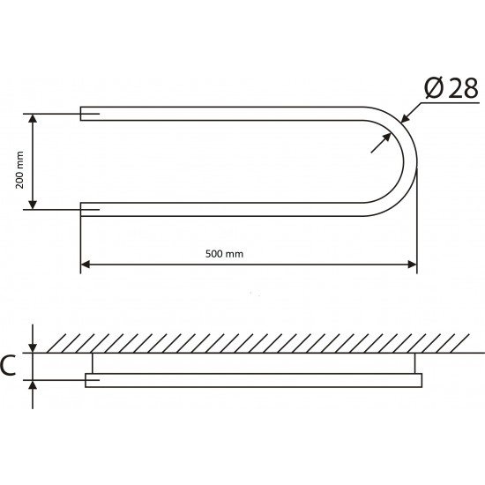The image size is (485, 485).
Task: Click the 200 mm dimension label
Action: [19, 170]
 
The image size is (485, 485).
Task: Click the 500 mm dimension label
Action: [224, 254]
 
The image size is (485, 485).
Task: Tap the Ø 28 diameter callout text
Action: [451, 88]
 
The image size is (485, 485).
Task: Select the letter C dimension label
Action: [8, 366]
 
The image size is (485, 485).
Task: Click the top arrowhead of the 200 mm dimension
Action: [33, 118]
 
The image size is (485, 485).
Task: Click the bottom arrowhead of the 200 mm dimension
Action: [33, 205]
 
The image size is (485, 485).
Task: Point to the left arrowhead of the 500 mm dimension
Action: [85, 265]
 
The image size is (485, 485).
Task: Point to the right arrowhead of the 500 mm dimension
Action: [413, 265]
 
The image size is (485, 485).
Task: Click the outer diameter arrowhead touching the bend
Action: [404, 119]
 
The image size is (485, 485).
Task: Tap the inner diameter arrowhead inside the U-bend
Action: [386, 138]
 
